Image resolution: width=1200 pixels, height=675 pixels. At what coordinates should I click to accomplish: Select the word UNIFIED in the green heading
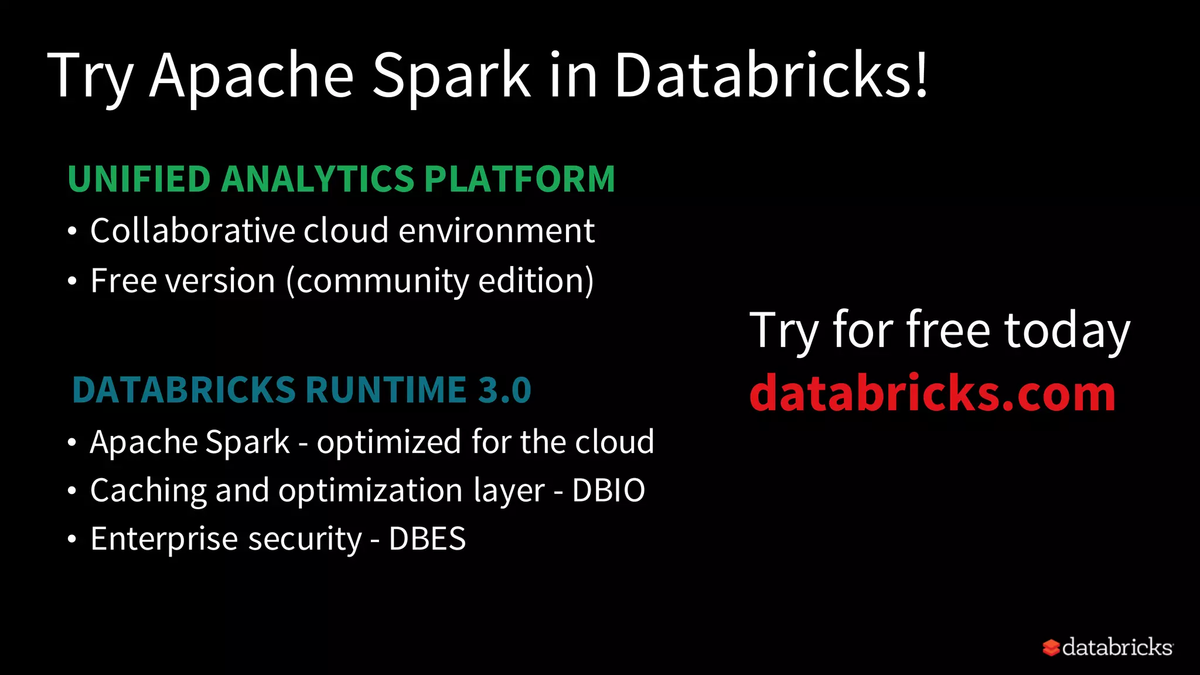(x=139, y=179)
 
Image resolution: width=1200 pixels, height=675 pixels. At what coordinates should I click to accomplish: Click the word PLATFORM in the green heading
(x=519, y=179)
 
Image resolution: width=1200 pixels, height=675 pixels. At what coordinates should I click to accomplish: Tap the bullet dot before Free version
(x=72, y=282)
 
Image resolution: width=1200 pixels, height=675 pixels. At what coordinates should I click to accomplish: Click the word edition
(x=531, y=281)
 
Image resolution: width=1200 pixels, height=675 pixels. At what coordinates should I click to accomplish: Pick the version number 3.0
(x=504, y=390)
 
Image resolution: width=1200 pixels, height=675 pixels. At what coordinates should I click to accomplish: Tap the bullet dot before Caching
(x=72, y=490)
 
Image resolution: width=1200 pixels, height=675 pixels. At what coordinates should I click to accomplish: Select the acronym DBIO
(x=608, y=490)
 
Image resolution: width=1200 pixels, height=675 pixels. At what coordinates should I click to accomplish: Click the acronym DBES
(x=427, y=538)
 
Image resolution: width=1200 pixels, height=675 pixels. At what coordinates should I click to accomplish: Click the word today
(x=1067, y=331)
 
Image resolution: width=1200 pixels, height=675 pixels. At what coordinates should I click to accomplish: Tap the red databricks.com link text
(x=932, y=393)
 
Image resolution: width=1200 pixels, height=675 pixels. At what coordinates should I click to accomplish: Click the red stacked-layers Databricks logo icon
(x=1051, y=647)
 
